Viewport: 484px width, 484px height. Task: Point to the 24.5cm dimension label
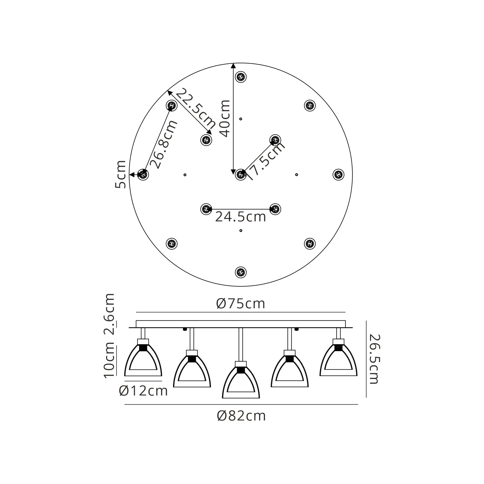click(241, 217)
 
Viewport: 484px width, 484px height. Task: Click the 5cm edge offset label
click(120, 174)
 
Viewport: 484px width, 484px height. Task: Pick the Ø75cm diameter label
click(241, 304)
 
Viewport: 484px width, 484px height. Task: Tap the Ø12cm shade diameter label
click(143, 391)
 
